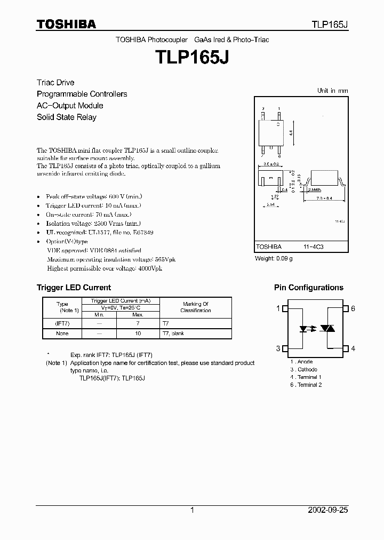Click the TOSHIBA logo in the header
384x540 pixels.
(66, 24)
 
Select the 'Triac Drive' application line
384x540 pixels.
(55, 83)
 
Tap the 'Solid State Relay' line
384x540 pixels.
(67, 117)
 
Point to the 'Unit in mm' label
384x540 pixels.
(332, 91)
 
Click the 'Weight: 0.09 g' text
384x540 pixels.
(274, 258)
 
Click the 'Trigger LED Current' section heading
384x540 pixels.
(74, 288)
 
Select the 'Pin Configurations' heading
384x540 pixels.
(309, 288)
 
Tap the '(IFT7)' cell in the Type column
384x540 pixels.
(62, 324)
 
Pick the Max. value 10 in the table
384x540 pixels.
(138, 333)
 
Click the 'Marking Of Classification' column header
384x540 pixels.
(195, 307)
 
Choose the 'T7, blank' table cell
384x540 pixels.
(174, 333)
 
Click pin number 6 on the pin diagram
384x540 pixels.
(353, 309)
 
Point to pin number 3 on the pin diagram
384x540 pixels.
(278, 348)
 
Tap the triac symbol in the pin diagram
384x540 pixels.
(326, 329)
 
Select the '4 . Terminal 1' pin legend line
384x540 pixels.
(306, 377)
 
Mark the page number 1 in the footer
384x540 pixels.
(191, 510)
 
